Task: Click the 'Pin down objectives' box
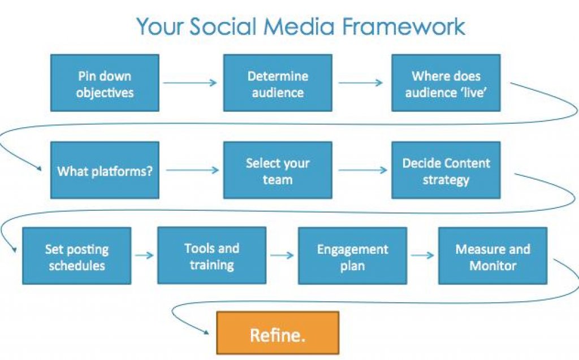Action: (105, 83)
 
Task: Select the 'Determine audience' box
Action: (278, 83)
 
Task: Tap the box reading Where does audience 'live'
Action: (446, 83)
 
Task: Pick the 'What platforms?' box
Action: (105, 170)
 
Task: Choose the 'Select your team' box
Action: (278, 170)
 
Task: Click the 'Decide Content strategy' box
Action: (446, 170)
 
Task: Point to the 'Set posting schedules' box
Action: (77, 255)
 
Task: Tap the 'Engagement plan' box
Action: (352, 255)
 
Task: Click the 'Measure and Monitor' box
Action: (492, 255)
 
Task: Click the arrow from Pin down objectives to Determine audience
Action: (191, 83)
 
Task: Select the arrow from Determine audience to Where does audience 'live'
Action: (361, 83)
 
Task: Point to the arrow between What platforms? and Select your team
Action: (191, 170)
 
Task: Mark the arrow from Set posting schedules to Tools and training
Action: (144, 255)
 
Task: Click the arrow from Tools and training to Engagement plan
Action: (282, 255)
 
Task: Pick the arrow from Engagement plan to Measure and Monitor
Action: (422, 255)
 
